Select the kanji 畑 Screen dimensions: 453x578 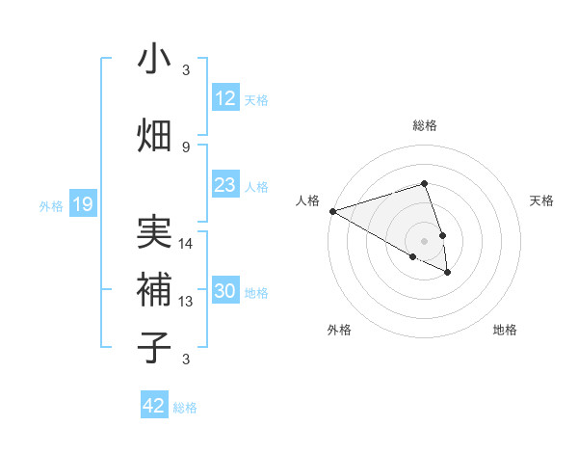pos(154,135)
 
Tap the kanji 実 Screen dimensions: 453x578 pos(154,232)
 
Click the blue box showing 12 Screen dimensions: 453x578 pos(224,98)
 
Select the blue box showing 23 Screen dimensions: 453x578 pos(224,185)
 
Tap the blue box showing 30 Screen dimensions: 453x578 pos(224,292)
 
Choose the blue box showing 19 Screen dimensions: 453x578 pos(82,204)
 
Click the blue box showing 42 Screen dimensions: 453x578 pos(154,406)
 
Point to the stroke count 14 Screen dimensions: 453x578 pos(186,244)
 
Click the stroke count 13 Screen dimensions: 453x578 pos(186,302)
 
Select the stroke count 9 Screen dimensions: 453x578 pos(186,147)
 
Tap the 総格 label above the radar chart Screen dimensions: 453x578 pos(424,125)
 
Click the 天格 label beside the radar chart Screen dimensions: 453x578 pos(541,200)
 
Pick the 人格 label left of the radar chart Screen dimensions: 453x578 pos(307,200)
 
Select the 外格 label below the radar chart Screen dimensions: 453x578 pos(339,330)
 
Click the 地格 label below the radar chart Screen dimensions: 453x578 pos(505,330)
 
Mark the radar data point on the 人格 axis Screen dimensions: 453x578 pos(332,211)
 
